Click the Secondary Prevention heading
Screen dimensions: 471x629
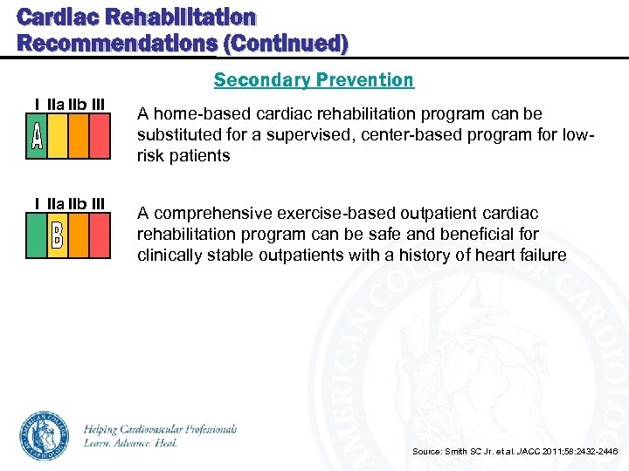(314, 80)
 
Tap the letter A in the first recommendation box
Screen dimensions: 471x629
(37, 138)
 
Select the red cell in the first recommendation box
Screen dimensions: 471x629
(100, 138)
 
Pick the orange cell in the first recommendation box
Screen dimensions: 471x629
(79, 138)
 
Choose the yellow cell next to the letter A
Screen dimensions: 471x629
(58, 138)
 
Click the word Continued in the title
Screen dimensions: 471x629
(292, 43)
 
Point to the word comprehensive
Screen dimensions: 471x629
(212, 214)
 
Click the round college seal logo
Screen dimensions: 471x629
(45, 435)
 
